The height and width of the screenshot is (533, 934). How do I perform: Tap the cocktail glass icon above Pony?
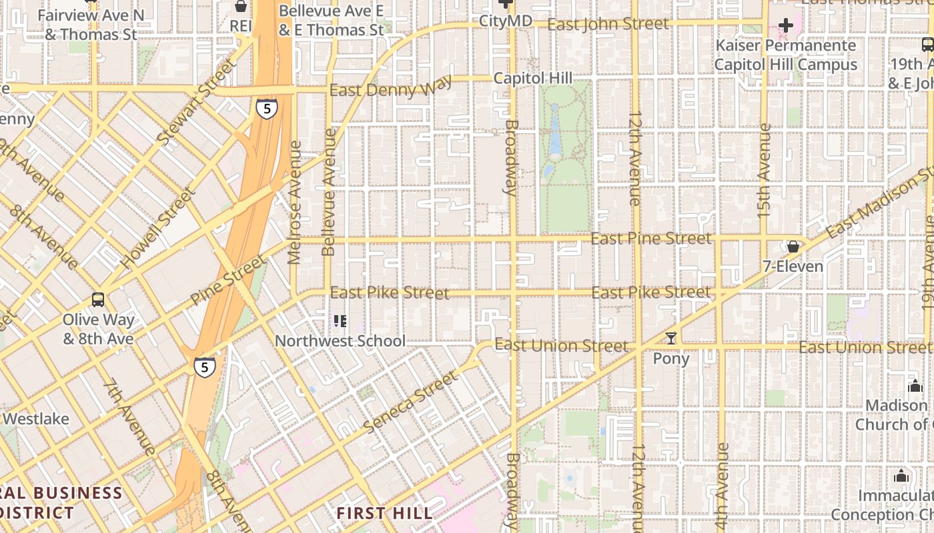coord(671,338)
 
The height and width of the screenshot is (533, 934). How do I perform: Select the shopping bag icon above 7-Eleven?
coord(793,247)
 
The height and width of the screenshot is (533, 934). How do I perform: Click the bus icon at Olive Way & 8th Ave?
coord(98,300)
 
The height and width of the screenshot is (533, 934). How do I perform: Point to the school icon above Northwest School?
coord(340,322)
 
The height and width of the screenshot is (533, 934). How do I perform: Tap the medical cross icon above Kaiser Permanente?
coord(786,26)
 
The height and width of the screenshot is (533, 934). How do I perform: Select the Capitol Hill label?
coord(533,78)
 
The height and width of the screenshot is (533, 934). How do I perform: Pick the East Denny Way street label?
coord(390,87)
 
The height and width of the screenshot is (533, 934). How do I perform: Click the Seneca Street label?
coord(411,401)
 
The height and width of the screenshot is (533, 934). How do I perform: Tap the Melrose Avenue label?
coord(294,202)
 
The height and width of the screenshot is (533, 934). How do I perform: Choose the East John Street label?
coord(608,25)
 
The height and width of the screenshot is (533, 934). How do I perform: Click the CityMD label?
coord(506,21)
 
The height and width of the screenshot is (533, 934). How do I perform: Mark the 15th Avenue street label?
coord(765,169)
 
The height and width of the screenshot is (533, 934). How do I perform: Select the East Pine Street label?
coord(651,238)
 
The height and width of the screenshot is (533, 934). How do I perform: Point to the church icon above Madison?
coord(915,386)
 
